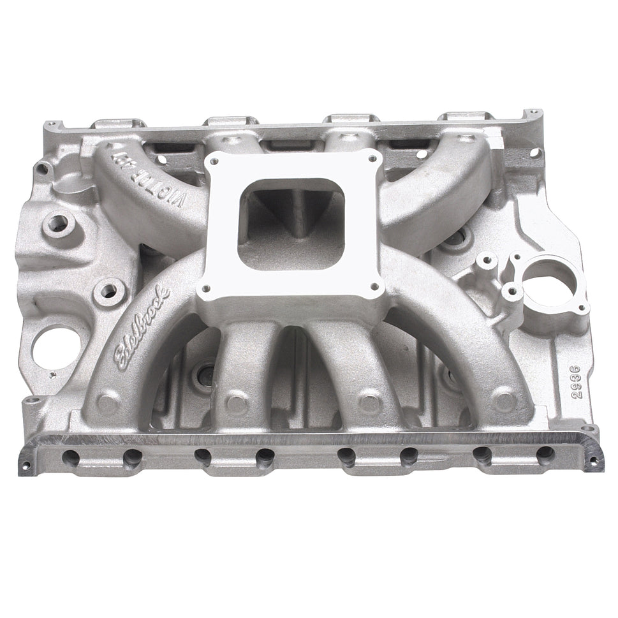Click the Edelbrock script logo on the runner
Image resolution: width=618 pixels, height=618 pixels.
click(142, 328)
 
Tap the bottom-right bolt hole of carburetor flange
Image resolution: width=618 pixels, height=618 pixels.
click(376, 287)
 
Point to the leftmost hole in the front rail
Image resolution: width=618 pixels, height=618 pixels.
click(71, 457)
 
